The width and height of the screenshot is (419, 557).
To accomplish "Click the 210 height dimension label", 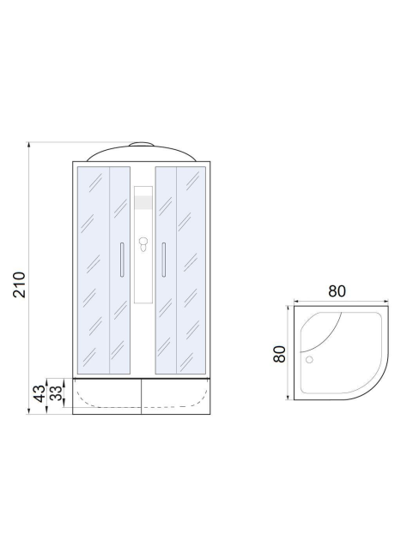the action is [19, 284].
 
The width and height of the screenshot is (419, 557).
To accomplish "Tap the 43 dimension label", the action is [40, 393].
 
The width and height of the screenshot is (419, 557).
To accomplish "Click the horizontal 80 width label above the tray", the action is [337, 291].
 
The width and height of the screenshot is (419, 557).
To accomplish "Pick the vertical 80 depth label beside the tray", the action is [279, 354].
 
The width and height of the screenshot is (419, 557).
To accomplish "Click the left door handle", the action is [122, 260].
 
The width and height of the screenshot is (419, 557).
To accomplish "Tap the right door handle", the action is [164, 260].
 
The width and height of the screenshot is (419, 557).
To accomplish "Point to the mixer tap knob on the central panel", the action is [143, 244].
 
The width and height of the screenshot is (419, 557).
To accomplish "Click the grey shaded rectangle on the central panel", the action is [143, 201].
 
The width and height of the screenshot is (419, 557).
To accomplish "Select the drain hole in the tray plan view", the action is [309, 360].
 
